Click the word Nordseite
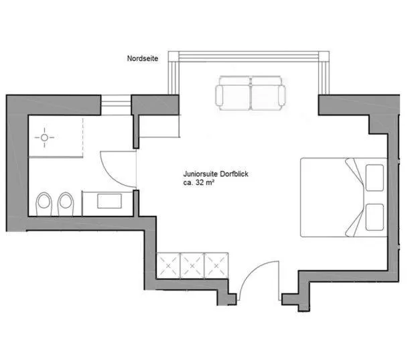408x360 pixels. tap(143, 59)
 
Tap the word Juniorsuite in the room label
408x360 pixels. tap(200, 173)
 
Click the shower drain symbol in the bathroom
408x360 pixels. tap(45, 139)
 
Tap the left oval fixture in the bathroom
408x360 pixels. tap(44, 203)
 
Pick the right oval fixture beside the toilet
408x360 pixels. tap(65, 203)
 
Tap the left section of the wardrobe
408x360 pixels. tap(168, 265)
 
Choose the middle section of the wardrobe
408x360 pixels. tap(192, 265)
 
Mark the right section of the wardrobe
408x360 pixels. tap(216, 265)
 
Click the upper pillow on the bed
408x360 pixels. tap(375, 176)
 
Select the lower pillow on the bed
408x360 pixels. tap(375, 216)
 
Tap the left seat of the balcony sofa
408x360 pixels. tap(232, 92)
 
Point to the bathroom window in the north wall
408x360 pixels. tap(115, 103)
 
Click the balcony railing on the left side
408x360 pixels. tap(174, 74)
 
